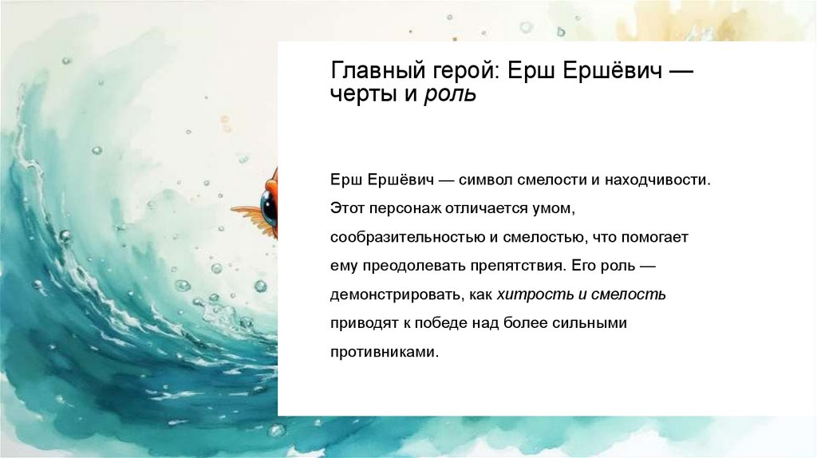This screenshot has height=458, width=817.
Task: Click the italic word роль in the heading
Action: pyautogui.click(x=450, y=95)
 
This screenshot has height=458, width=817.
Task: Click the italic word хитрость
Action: pyautogui.click(x=531, y=294)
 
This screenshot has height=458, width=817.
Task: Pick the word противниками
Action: pyautogui.click(x=384, y=352)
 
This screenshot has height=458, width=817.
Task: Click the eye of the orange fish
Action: pyautogui.click(x=269, y=207)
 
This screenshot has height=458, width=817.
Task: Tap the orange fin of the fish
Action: pyautogui.click(x=247, y=212)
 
